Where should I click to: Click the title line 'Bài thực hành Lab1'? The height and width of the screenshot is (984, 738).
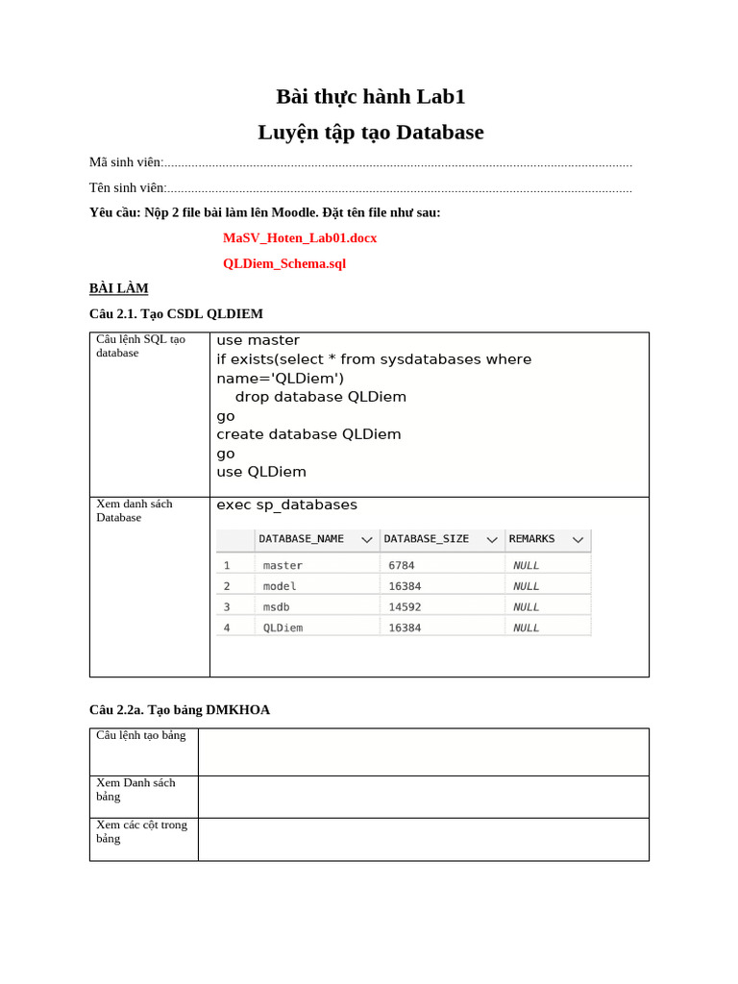(370, 96)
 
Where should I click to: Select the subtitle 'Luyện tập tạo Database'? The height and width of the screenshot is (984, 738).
(370, 133)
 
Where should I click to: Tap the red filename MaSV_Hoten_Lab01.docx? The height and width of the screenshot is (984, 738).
(300, 237)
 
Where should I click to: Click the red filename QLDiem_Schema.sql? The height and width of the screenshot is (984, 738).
(284, 263)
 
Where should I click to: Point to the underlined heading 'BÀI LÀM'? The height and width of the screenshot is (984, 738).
(118, 288)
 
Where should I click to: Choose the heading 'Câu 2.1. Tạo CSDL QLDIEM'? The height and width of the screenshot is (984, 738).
(176, 313)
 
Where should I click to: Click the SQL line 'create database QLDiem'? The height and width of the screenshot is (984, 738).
(308, 434)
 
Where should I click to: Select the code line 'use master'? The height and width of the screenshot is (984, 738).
(258, 340)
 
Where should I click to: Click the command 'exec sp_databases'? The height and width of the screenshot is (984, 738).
(286, 504)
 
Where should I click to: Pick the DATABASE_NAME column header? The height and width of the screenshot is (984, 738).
(301, 539)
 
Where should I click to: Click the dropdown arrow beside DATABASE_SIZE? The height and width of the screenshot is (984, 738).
(492, 540)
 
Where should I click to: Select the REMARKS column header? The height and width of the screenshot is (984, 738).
(531, 539)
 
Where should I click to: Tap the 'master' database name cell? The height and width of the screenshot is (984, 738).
(283, 566)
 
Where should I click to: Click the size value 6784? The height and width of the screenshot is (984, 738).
(402, 566)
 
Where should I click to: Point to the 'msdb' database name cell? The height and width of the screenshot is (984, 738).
(276, 607)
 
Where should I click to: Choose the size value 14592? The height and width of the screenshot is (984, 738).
(405, 607)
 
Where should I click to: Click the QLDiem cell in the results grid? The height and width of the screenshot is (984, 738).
(283, 628)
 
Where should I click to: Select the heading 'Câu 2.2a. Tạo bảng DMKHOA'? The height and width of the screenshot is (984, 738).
(180, 709)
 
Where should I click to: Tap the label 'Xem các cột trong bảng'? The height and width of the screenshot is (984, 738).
(141, 831)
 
